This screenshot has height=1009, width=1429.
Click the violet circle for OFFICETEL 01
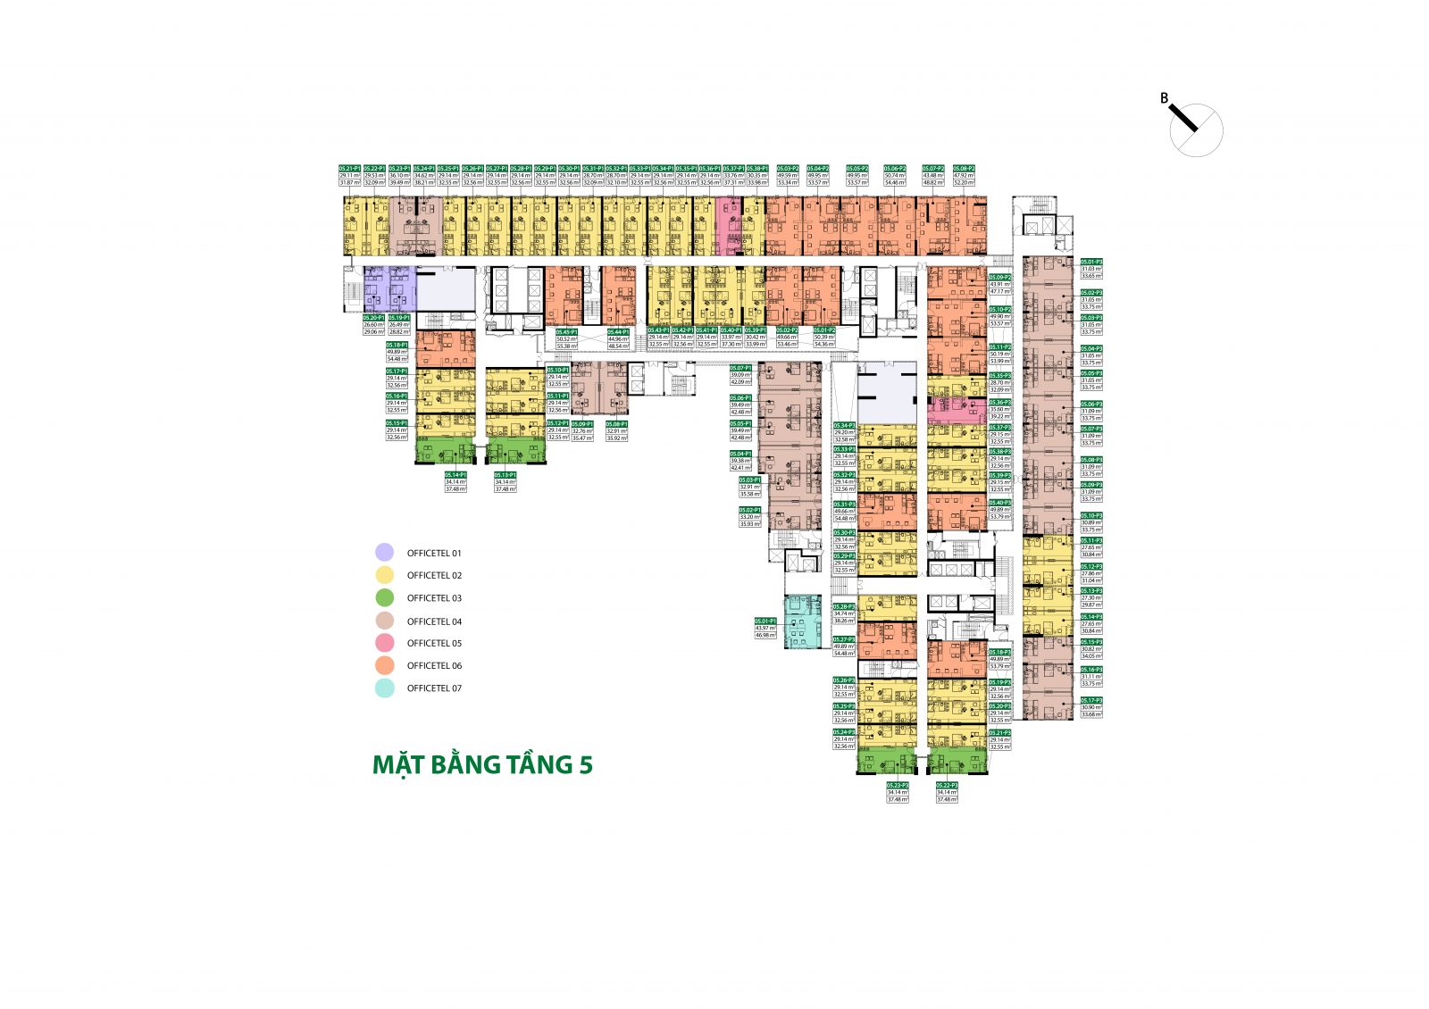(x=384, y=553)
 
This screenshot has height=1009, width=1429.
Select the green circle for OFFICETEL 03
(x=384, y=598)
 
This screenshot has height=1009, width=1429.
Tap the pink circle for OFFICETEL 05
(x=384, y=643)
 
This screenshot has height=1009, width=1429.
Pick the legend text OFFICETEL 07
(x=434, y=688)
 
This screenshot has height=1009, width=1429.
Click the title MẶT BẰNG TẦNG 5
(x=482, y=765)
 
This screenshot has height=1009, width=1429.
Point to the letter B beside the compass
(x=1164, y=98)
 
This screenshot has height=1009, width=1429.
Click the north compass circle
(x=1197, y=130)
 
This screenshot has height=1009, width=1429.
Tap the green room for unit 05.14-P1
(x=446, y=451)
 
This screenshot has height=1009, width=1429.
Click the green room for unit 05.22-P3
(x=957, y=762)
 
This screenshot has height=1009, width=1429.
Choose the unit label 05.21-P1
(x=349, y=168)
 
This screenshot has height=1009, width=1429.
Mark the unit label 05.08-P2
(x=964, y=168)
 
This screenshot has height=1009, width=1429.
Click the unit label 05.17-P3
(x=1091, y=700)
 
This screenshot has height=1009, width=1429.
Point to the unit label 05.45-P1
(x=567, y=331)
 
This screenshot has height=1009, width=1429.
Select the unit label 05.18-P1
(x=397, y=345)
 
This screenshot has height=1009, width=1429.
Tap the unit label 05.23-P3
(x=898, y=785)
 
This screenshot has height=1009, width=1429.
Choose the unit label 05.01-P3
(x=1091, y=262)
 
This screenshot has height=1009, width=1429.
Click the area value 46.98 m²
(x=765, y=635)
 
